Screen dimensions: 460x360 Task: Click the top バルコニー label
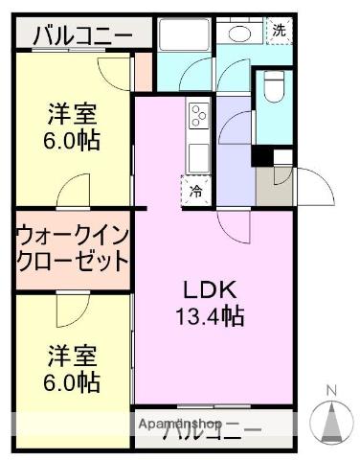[x=82, y=37]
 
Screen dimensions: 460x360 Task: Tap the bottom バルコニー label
[x=212, y=430]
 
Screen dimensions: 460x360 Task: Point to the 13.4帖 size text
[x=210, y=317]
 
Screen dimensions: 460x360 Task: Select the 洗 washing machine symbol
[x=279, y=30]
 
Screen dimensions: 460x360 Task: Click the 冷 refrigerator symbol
[x=195, y=191]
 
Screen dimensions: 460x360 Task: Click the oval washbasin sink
[x=236, y=34]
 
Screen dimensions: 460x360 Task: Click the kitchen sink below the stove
[x=199, y=153]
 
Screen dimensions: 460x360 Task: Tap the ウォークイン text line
[x=72, y=235]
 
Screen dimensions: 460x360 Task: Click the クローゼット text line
[x=72, y=261]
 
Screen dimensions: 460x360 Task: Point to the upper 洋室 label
[x=72, y=115]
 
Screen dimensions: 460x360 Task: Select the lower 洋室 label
[x=72, y=357]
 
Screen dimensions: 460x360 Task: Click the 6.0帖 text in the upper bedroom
[x=72, y=141]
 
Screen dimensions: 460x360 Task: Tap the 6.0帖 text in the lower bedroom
[x=72, y=383]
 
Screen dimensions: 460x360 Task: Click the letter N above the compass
[x=332, y=390]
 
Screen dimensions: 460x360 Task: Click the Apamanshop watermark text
[x=180, y=424]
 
